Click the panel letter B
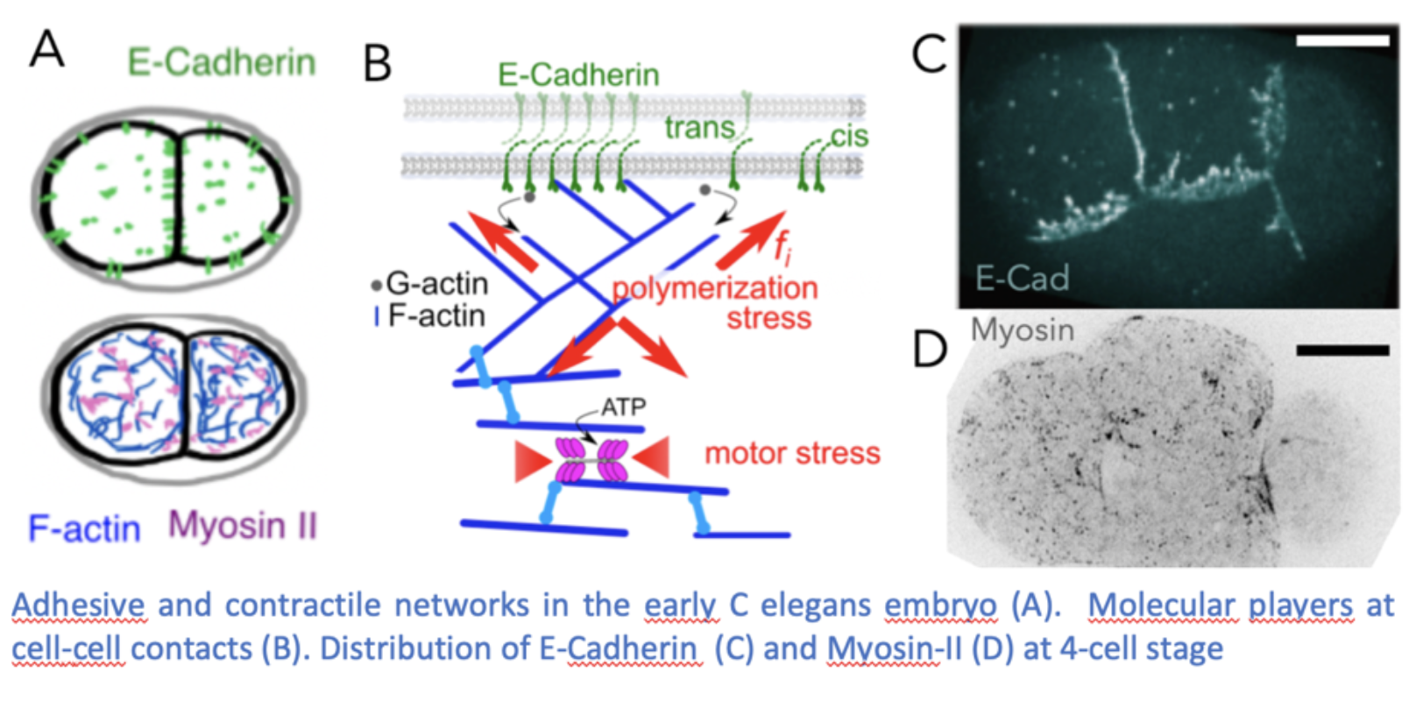point(377,64)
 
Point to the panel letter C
point(929,54)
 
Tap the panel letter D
point(930,348)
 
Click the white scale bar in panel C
point(1342,40)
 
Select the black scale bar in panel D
point(1342,350)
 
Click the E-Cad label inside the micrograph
point(1022,279)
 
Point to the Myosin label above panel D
point(1022,330)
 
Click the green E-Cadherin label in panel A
point(222,63)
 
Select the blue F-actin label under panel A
point(84,528)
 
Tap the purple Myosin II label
point(243,526)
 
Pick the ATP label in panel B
point(623,407)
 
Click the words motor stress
point(792,453)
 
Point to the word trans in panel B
point(698,129)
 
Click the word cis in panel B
point(848,137)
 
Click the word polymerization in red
point(714,288)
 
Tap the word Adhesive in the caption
point(78,605)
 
